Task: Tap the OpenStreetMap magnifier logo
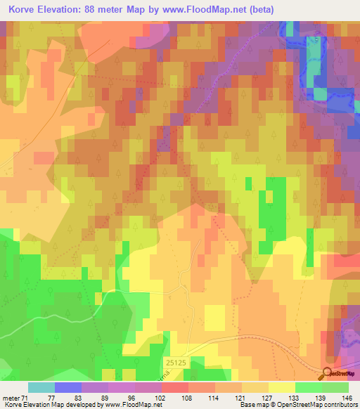click(328, 375)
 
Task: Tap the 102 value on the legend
click(161, 398)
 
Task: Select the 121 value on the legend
click(241, 398)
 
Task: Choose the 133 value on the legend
click(295, 398)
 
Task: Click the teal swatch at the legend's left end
click(41, 387)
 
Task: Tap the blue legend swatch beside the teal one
click(68, 387)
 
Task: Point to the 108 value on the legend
click(188, 398)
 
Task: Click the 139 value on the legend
click(321, 398)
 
